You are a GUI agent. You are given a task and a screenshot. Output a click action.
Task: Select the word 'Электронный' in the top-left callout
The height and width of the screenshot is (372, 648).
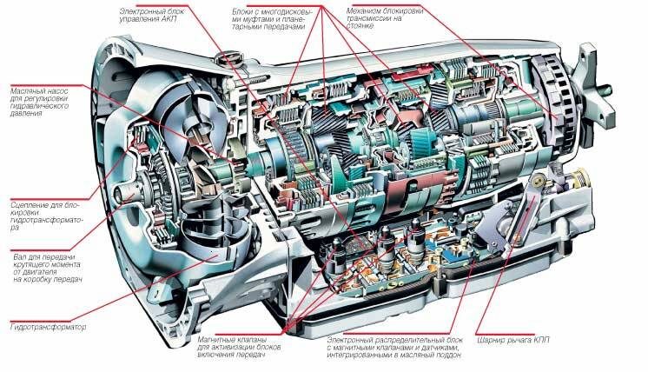click(144, 10)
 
